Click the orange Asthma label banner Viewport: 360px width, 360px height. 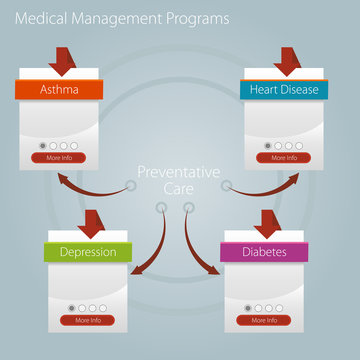point(59,90)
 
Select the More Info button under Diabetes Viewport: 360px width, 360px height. point(264,320)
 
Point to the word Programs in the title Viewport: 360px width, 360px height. point(197,18)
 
